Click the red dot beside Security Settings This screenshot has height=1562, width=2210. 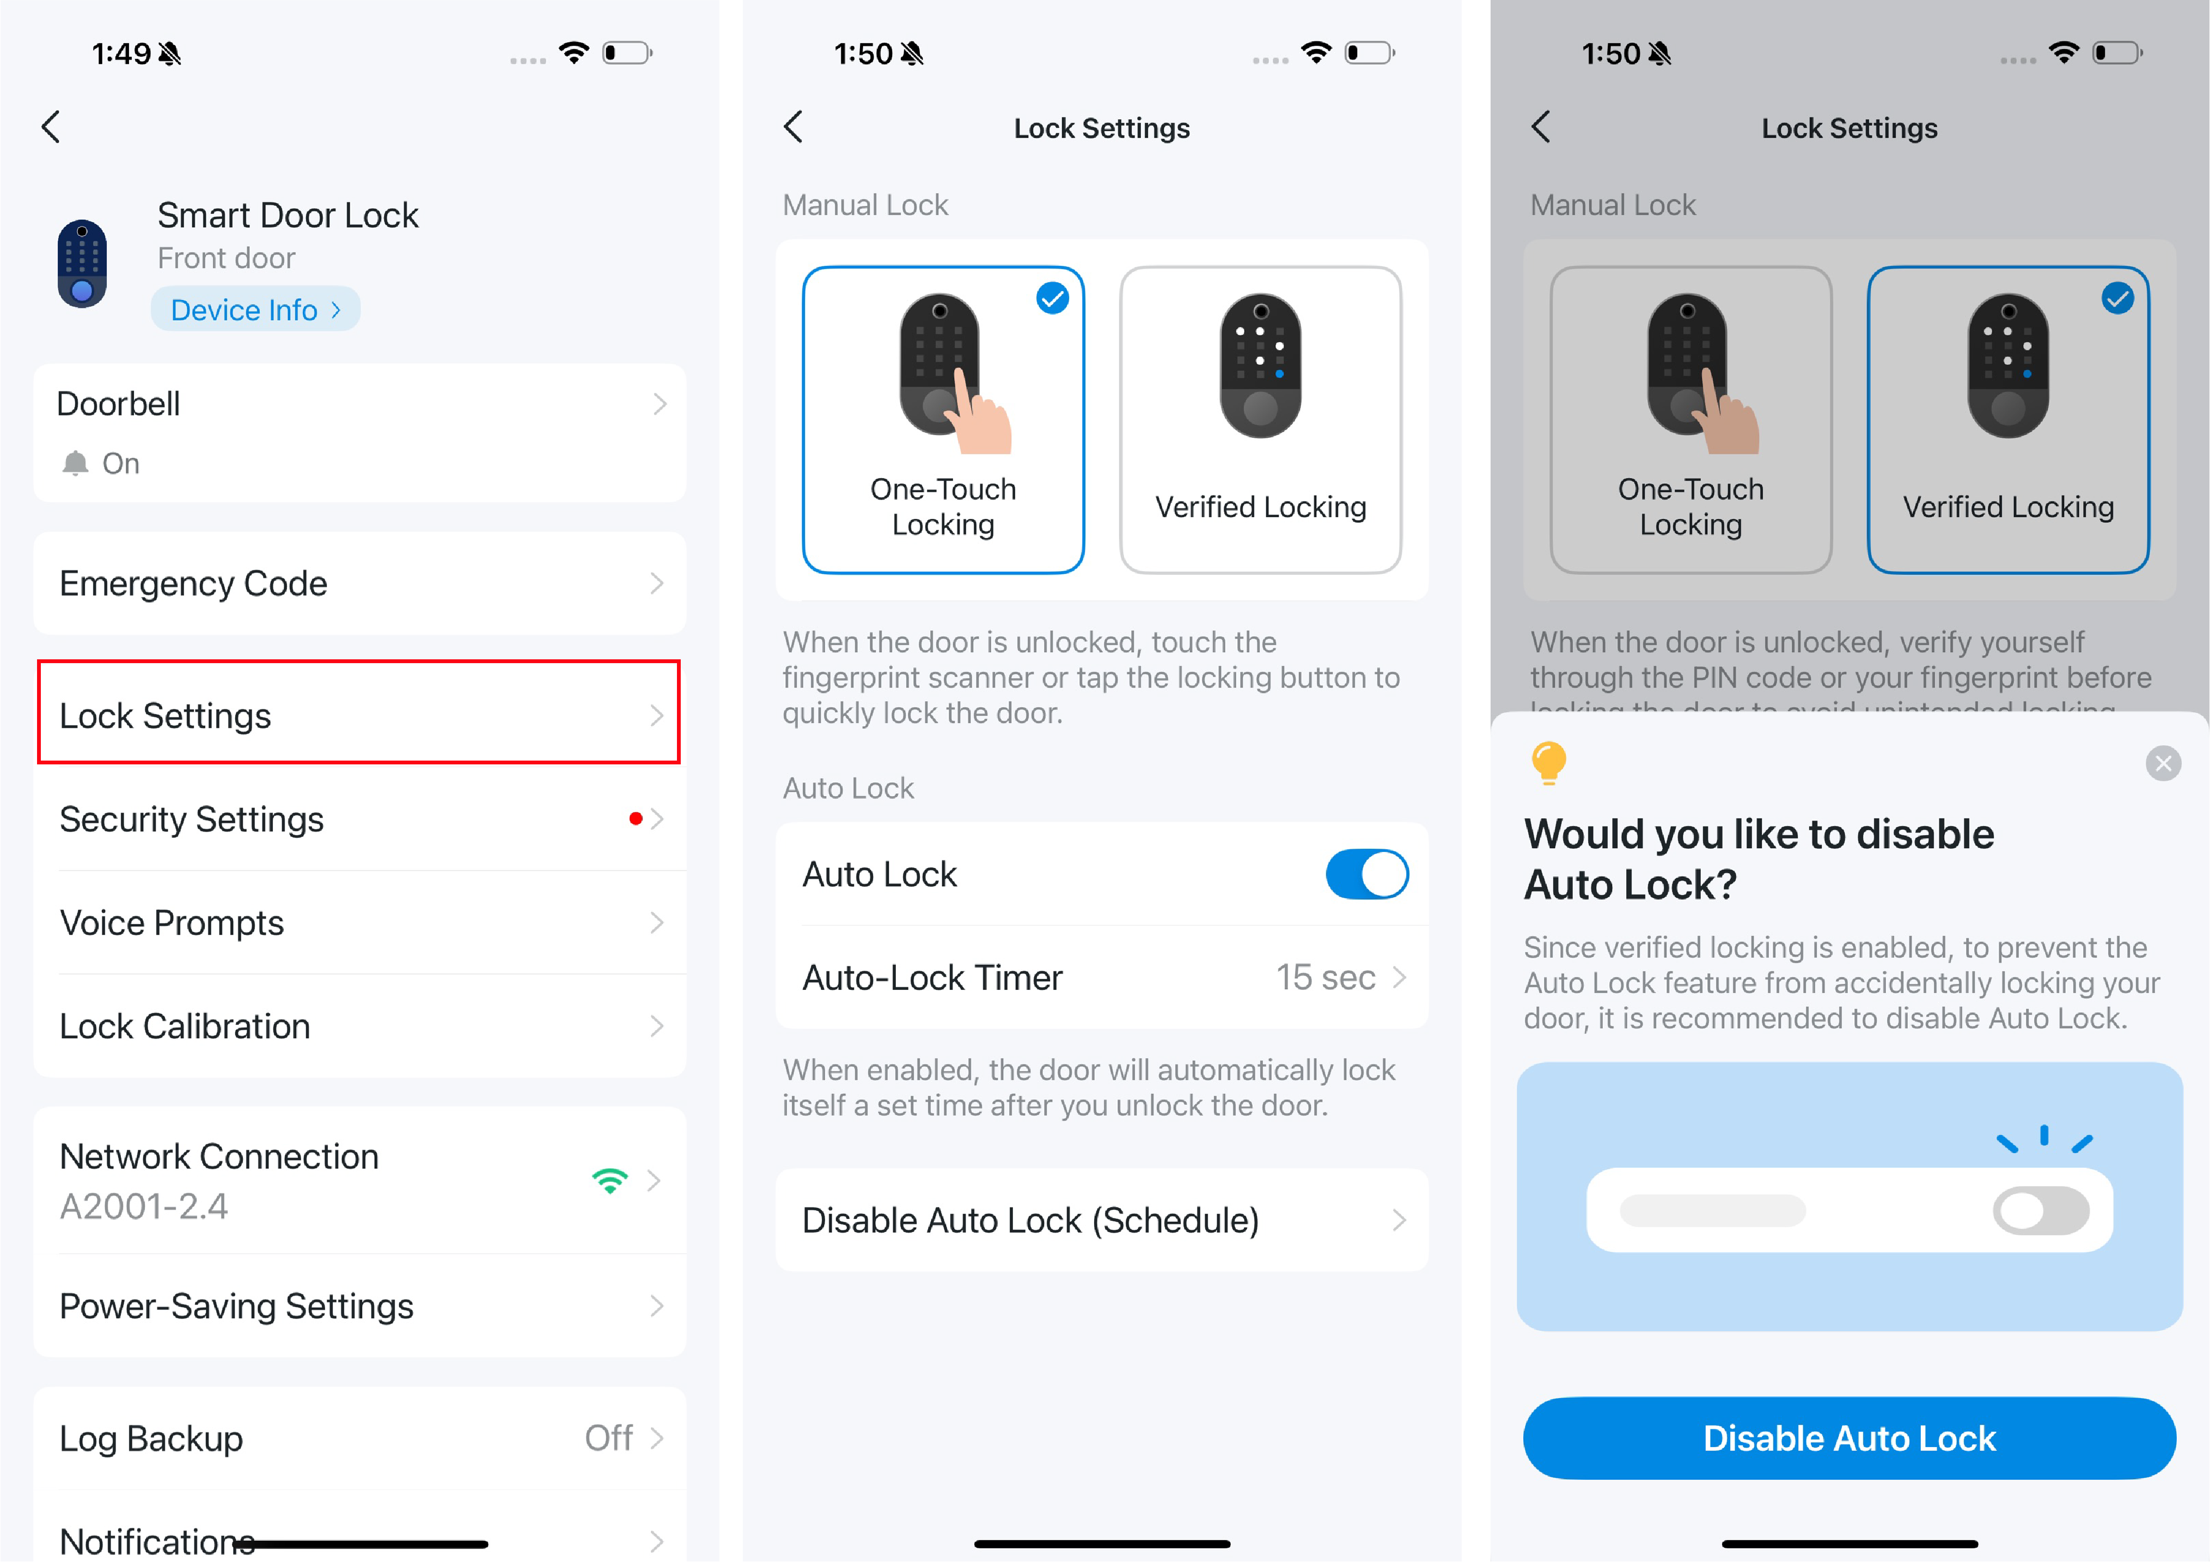pos(635,819)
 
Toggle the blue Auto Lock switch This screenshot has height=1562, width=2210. pos(1367,874)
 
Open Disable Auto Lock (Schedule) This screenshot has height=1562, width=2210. pos(1102,1220)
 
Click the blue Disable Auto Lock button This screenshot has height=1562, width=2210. pos(1849,1438)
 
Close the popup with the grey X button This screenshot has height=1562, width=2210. pos(2163,763)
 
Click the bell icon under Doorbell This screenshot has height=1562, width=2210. pos(75,463)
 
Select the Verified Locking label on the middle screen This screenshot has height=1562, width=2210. pos(1260,507)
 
